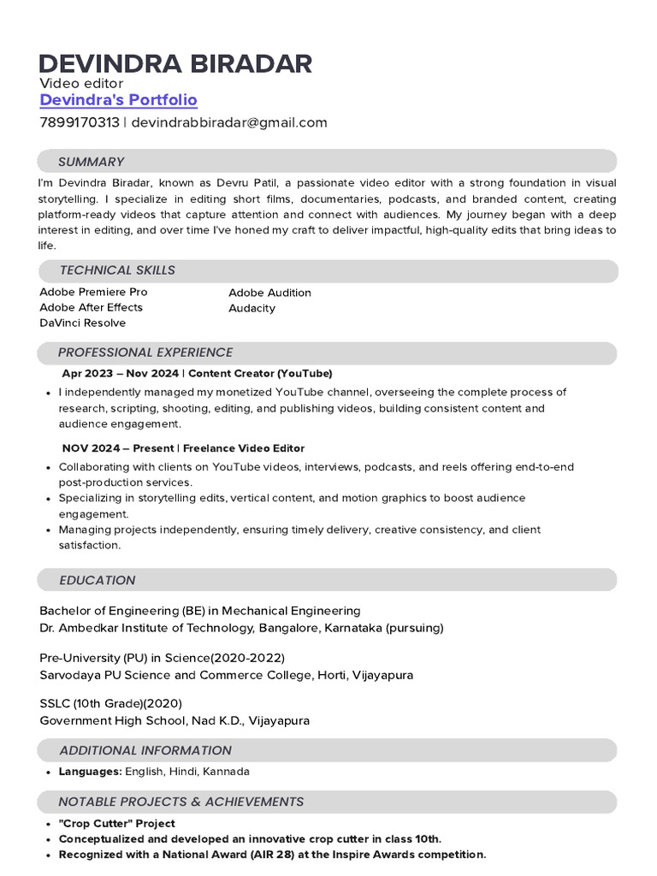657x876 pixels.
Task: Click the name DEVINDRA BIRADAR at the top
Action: [175, 63]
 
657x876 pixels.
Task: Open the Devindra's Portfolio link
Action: [118, 100]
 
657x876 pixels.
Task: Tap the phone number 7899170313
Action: [80, 122]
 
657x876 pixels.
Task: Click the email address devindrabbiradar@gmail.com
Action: [228, 122]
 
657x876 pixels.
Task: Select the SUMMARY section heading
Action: [91, 162]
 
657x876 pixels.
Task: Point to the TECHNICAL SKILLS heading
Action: [117, 270]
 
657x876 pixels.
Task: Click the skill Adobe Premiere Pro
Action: [93, 292]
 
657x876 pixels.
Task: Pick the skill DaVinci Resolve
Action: [82, 323]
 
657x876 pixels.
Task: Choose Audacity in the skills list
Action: [252, 308]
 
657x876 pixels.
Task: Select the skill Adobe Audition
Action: [269, 293]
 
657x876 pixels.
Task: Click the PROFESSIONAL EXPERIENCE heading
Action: [145, 352]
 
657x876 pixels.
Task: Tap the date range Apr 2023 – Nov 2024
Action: [121, 374]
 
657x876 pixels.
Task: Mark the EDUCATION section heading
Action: [98, 580]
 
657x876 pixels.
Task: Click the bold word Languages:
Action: [90, 772]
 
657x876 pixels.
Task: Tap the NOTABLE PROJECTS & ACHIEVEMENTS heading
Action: [181, 802]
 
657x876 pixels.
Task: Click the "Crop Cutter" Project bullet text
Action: [116, 824]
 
